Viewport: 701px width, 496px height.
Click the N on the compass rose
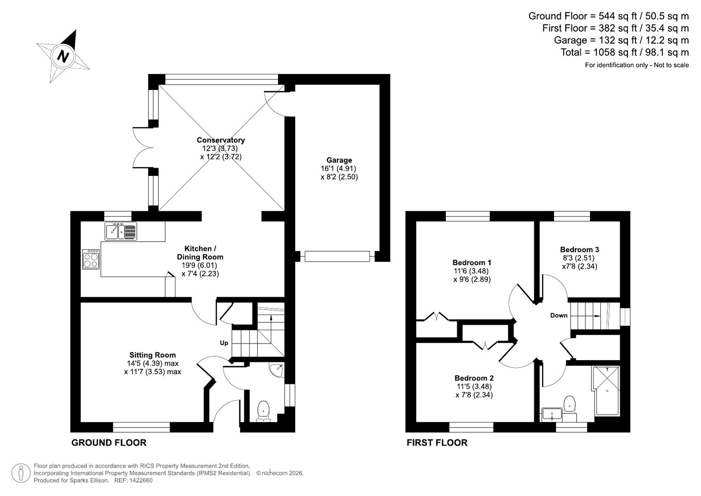click(63, 56)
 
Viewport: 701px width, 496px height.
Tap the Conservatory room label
click(221, 140)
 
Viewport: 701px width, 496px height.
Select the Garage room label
click(339, 160)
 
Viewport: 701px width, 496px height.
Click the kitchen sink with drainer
click(121, 231)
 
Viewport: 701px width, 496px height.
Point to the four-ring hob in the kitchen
click(91, 259)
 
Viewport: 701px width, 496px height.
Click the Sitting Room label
click(152, 355)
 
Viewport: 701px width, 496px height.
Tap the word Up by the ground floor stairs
click(224, 343)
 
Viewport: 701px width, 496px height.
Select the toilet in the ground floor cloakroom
click(264, 411)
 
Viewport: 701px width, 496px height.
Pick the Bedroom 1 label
click(472, 262)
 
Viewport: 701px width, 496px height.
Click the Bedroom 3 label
click(580, 249)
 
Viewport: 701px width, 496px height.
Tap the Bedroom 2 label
click(474, 378)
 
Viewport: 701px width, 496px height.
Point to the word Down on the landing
click(559, 316)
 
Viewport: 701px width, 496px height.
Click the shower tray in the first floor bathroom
click(606, 391)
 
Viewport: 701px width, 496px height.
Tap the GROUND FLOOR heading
click(109, 442)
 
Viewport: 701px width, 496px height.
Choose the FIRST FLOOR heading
click(437, 442)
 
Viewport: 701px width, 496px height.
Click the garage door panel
click(337, 256)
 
